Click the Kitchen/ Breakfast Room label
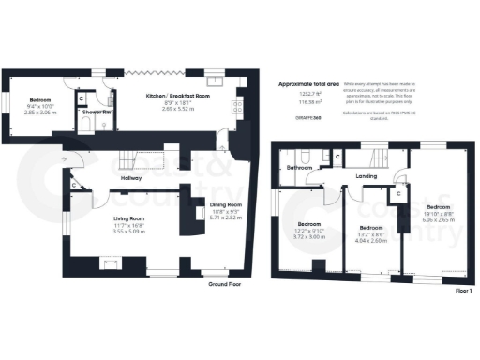176,96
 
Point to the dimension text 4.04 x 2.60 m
371,239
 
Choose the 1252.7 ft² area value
307,95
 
